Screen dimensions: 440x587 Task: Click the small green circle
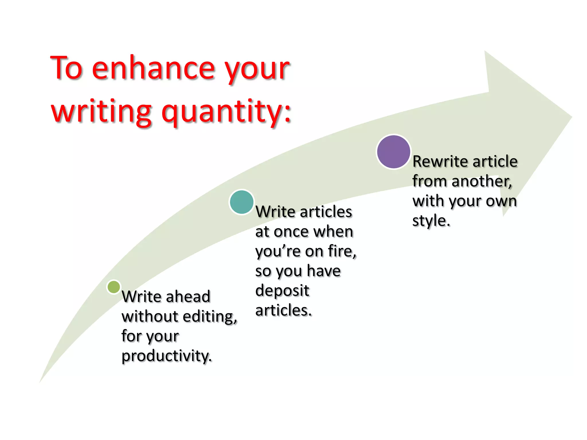click(x=114, y=287)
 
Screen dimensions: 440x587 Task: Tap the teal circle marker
click(x=242, y=202)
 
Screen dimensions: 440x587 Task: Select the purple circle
click(x=394, y=152)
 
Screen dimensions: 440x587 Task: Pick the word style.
click(x=431, y=221)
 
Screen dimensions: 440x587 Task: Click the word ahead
click(x=188, y=296)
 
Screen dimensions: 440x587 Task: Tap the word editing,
click(x=210, y=317)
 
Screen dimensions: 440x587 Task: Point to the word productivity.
click(x=167, y=356)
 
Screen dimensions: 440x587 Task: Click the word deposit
click(x=282, y=291)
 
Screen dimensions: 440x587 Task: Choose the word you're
click(x=278, y=252)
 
